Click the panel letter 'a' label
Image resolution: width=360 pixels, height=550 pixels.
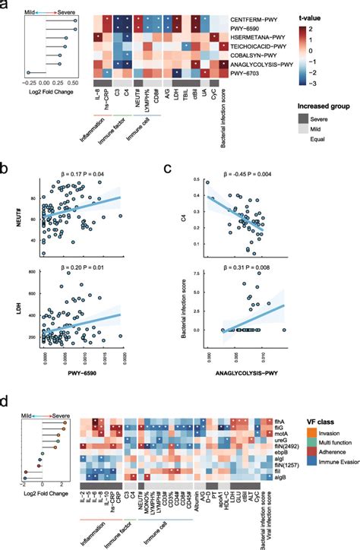[5, 5]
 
